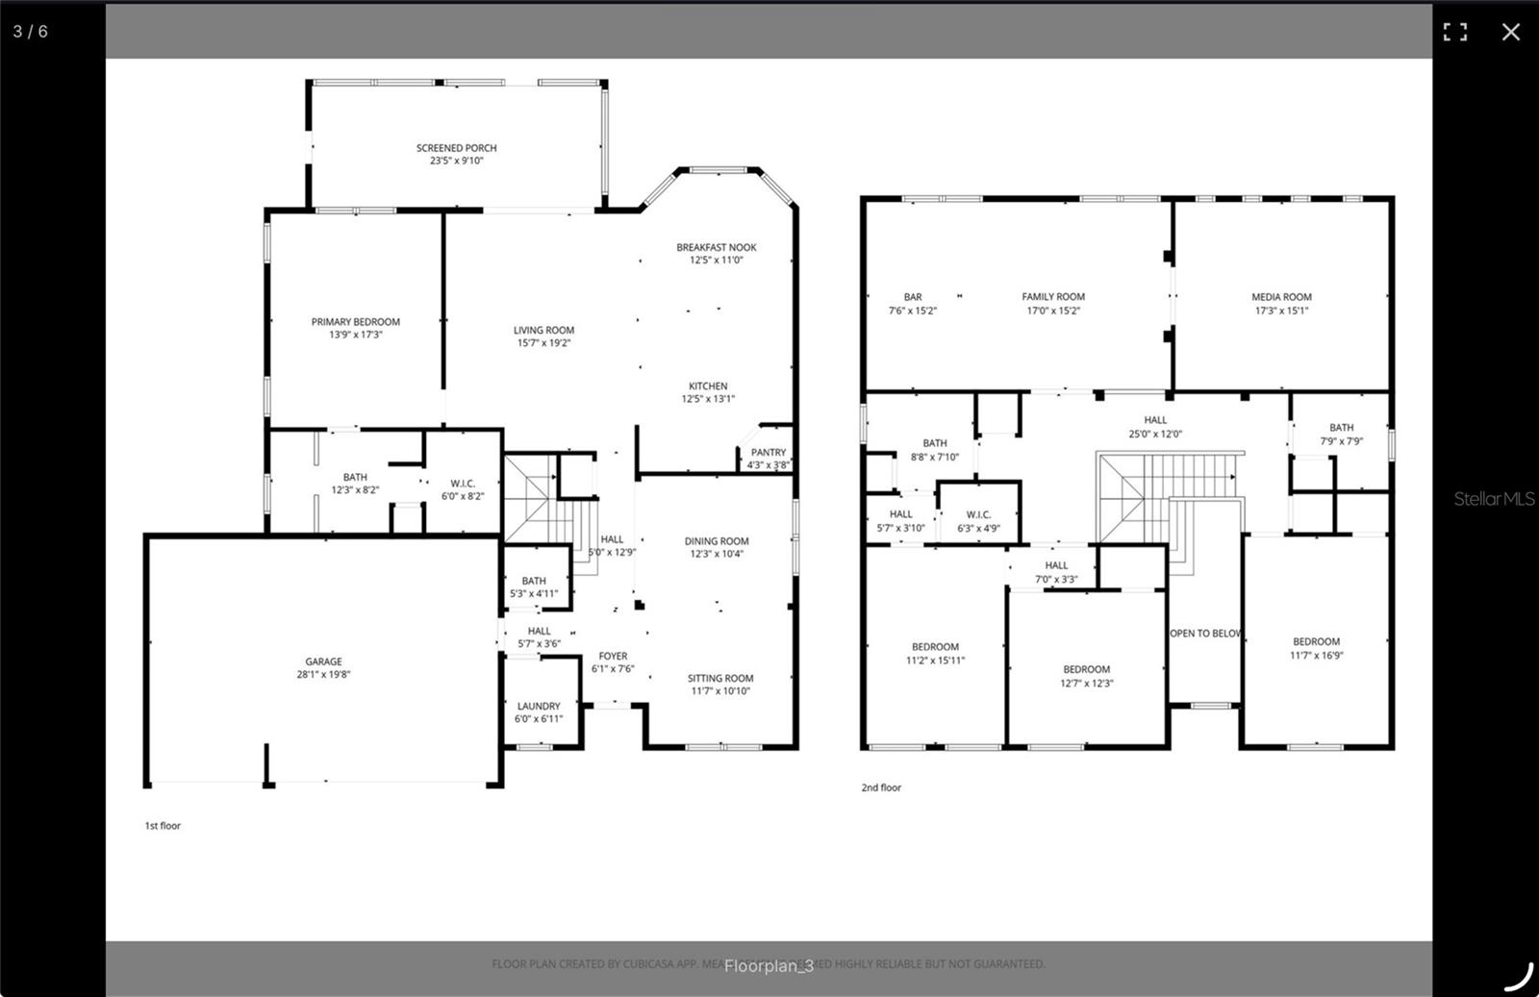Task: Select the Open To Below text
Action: tap(1205, 633)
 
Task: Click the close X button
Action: tap(1510, 32)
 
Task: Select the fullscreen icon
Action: tap(1454, 32)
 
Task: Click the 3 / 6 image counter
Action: tap(30, 32)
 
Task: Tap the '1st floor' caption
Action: tap(163, 825)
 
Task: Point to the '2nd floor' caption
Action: tap(880, 787)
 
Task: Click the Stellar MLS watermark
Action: tap(1493, 498)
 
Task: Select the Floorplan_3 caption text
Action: tap(769, 965)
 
